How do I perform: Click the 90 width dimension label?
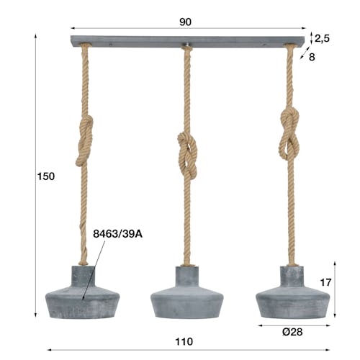185,22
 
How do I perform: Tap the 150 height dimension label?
46,176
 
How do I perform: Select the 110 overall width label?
184,341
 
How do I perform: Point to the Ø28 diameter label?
292,332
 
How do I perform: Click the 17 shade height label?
325,283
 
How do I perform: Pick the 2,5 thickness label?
322,38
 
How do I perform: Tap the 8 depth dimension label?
312,57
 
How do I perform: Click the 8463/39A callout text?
117,234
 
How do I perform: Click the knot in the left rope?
84,141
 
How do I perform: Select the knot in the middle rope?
187,155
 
